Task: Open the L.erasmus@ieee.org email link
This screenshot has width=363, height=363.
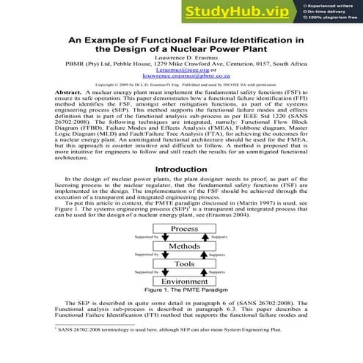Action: point(181,73)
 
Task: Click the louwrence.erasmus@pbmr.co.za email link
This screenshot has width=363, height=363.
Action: point(181,80)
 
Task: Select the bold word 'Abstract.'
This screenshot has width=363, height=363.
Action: point(69,94)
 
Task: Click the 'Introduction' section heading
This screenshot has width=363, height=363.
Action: point(181,189)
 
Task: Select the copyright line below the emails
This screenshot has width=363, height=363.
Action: point(181,87)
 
